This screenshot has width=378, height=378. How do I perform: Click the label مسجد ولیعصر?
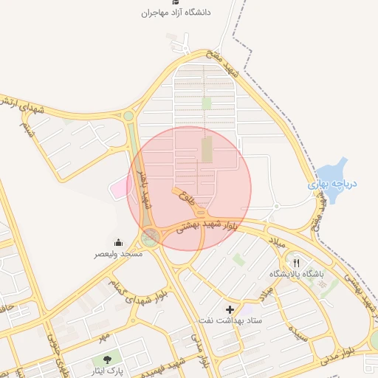coord(117,253)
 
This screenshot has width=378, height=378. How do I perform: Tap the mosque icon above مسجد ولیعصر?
coord(118,242)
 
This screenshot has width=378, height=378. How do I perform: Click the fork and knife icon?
coord(297,263)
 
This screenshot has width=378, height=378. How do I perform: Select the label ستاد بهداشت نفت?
coord(230,320)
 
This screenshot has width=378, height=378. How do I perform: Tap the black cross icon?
coord(230,309)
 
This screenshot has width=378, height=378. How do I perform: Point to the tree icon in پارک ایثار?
coord(109,360)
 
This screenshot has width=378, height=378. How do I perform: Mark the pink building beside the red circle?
coord(119,188)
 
